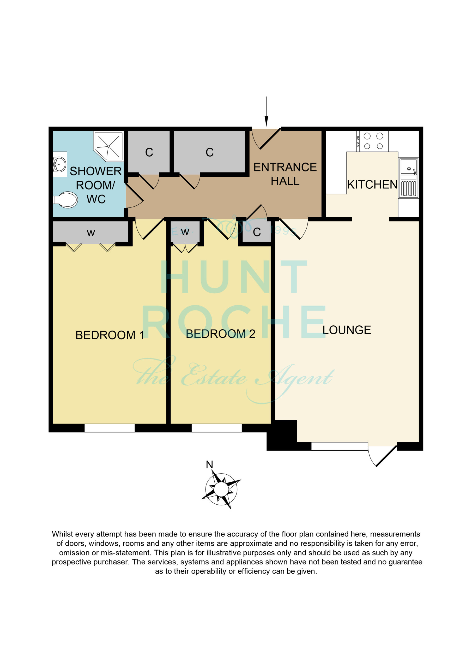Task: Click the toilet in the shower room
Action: (66, 200)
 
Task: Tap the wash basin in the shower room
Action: (60, 164)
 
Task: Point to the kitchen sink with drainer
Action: (408, 178)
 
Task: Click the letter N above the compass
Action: (209, 465)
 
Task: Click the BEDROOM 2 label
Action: (220, 334)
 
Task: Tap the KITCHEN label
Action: (372, 184)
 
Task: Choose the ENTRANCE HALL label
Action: (285, 174)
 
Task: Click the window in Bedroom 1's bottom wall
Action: (110, 428)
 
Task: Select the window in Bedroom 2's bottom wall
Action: (217, 428)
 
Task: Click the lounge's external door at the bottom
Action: (382, 455)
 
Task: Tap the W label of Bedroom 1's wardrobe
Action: (91, 233)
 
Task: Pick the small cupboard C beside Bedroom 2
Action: (257, 232)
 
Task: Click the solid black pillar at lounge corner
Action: (282, 435)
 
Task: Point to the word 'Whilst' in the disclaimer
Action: (62, 534)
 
